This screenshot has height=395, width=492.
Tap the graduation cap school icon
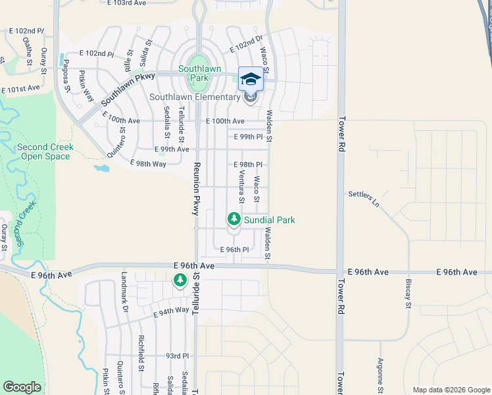click(250, 80)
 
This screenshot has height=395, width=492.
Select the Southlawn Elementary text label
click(195, 97)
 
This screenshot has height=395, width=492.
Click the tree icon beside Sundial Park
click(234, 218)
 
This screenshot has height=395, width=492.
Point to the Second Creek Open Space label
click(45, 151)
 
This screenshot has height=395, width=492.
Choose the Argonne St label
click(380, 372)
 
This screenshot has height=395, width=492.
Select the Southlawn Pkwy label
click(127, 88)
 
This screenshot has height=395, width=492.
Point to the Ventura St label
click(242, 187)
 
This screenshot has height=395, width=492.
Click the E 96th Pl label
click(234, 250)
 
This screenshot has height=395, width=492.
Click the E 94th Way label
click(171, 311)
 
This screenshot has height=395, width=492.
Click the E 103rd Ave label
click(126, 3)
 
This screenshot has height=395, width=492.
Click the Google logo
click(22, 387)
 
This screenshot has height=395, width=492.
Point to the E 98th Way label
click(148, 163)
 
